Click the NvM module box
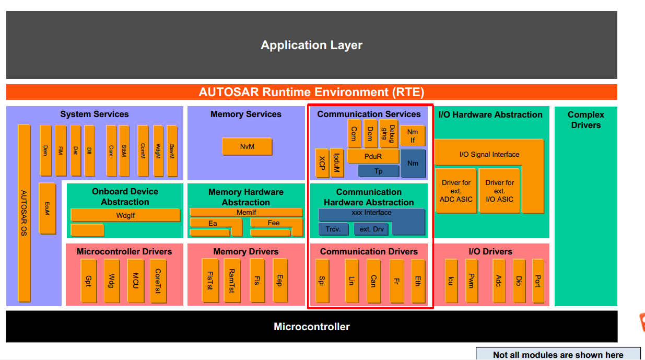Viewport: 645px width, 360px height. click(x=247, y=147)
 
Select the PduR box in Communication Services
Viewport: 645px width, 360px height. click(x=373, y=156)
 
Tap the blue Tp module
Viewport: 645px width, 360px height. click(x=379, y=171)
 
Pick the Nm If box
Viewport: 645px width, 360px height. click(x=413, y=136)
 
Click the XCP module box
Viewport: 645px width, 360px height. click(x=322, y=163)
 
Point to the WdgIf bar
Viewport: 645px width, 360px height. click(x=125, y=215)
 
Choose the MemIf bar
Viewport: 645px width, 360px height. click(x=246, y=213)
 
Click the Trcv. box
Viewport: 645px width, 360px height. click(x=333, y=229)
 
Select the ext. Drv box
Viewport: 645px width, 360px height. click(x=371, y=229)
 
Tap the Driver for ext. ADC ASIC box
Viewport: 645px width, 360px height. click(x=456, y=191)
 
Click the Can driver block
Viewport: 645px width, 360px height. click(x=373, y=281)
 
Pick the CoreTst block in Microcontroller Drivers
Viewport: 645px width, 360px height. click(x=158, y=281)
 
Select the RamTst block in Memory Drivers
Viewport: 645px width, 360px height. click(x=232, y=281)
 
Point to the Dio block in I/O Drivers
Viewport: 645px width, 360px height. click(x=519, y=281)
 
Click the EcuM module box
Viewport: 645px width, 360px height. click(x=47, y=208)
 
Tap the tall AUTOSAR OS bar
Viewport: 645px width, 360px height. click(x=24, y=213)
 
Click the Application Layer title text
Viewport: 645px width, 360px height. click(x=312, y=45)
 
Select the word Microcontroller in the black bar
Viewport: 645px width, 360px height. click(x=312, y=327)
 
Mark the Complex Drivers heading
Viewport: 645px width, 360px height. click(x=585, y=120)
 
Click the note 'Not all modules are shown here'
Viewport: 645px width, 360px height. click(x=558, y=355)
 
